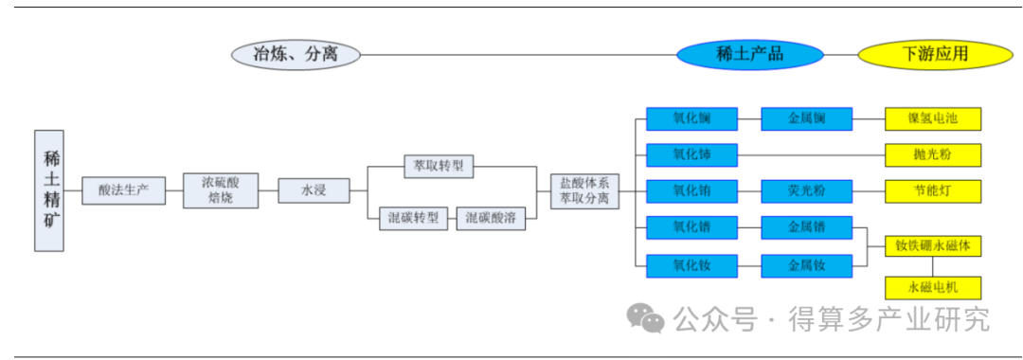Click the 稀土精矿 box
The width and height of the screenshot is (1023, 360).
coord(49,190)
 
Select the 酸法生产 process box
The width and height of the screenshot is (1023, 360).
coord(123,190)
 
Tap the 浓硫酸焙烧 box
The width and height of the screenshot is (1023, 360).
coord(221,190)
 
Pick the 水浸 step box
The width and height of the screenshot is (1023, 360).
coord(314,190)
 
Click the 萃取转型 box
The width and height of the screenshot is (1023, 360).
coord(439,166)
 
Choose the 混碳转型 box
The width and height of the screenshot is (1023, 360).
coord(414,218)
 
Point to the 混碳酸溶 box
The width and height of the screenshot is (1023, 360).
coord(491,218)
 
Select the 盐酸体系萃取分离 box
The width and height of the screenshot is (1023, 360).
coord(584,190)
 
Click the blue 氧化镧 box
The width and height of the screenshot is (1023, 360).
coord(691,118)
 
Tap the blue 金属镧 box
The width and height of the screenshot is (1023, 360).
coord(807,118)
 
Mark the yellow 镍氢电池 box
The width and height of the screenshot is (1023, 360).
coord(933,118)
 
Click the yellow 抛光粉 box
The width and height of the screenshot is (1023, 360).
coord(933,154)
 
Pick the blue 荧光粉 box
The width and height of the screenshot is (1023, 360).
coord(807,190)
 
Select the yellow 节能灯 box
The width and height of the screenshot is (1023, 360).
coord(933,190)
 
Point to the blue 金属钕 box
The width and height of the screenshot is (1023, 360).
coord(807,266)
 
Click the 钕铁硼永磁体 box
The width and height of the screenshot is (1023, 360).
coord(933,246)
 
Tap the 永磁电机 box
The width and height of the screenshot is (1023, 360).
coord(933,287)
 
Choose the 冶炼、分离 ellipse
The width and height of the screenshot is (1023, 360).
coord(296,54)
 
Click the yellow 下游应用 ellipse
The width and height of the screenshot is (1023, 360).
coord(922,54)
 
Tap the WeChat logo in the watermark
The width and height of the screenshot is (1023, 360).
coord(648,319)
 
